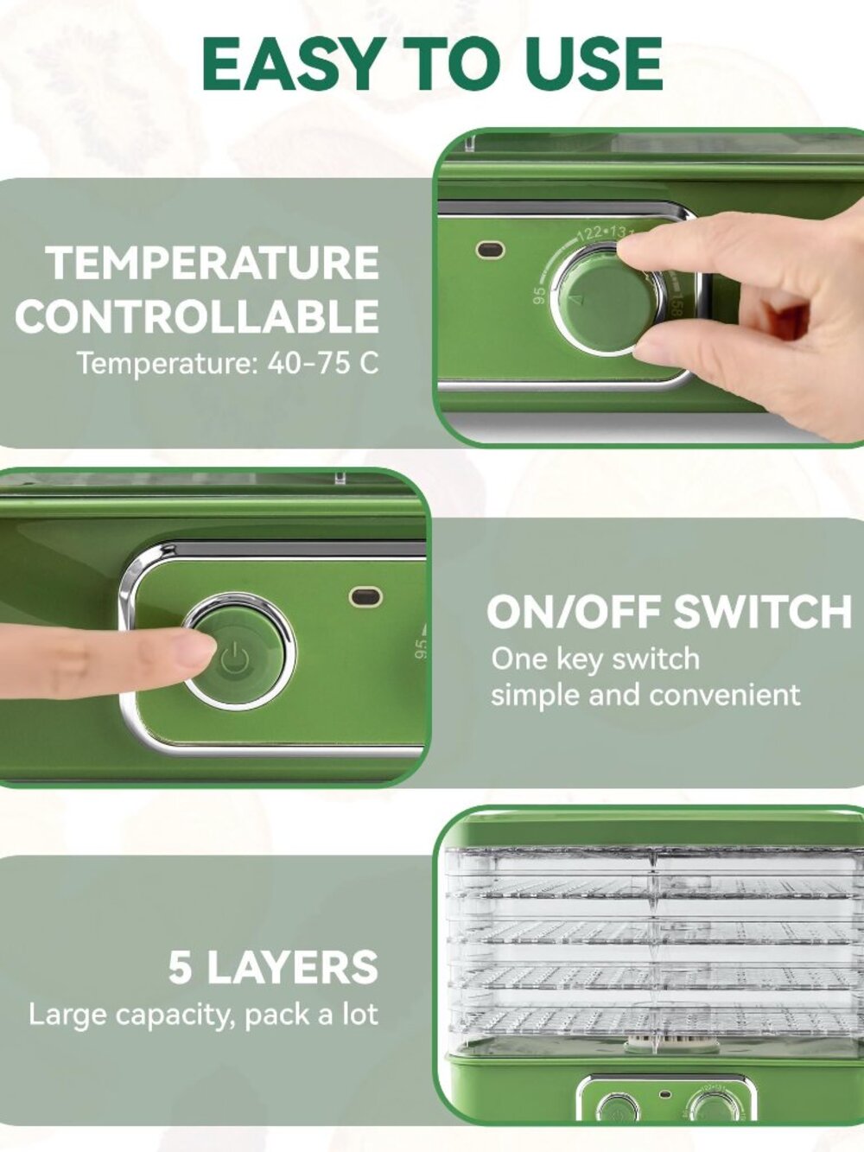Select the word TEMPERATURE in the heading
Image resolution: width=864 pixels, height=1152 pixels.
coord(213,263)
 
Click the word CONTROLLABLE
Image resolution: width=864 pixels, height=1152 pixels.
coord(197,315)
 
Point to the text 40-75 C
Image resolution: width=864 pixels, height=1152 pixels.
coord(322,363)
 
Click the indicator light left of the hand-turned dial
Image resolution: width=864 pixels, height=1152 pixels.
coord(491,250)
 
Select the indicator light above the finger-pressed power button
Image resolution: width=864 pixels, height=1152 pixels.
coord(365,596)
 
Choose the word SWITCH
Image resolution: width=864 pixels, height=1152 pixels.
coord(762,612)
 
